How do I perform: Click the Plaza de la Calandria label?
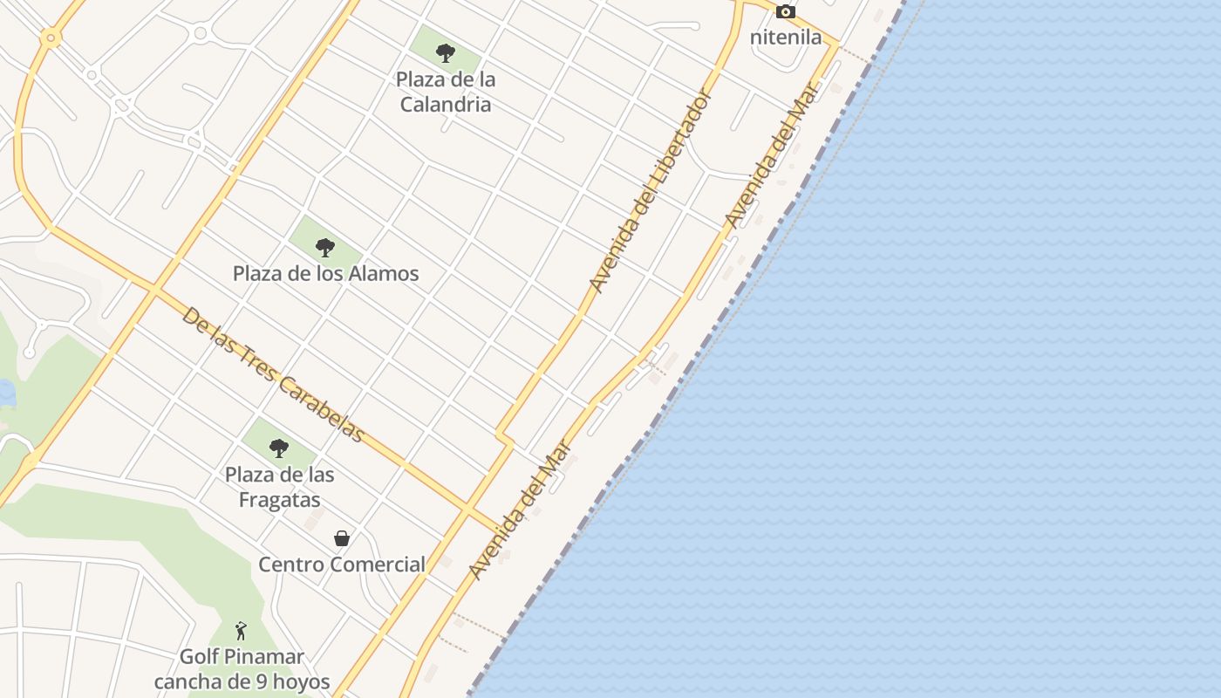[x=446, y=92]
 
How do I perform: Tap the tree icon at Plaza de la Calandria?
[x=446, y=53]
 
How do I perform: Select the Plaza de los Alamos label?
[x=325, y=273]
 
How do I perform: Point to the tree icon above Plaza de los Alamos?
[x=325, y=248]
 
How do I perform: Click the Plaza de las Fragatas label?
[x=279, y=487]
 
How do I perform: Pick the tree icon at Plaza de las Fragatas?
[x=279, y=448]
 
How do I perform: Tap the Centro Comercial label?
[x=342, y=565]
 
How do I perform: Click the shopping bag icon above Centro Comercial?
[x=342, y=538]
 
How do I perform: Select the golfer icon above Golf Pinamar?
[x=241, y=630]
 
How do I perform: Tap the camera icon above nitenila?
[x=786, y=12]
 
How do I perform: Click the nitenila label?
[x=786, y=38]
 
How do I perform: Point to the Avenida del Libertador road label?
[x=651, y=190]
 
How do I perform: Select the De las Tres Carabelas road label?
[x=272, y=374]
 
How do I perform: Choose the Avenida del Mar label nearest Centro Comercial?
[x=520, y=510]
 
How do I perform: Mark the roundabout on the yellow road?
[x=50, y=38]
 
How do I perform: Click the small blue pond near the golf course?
[x=6, y=393]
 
